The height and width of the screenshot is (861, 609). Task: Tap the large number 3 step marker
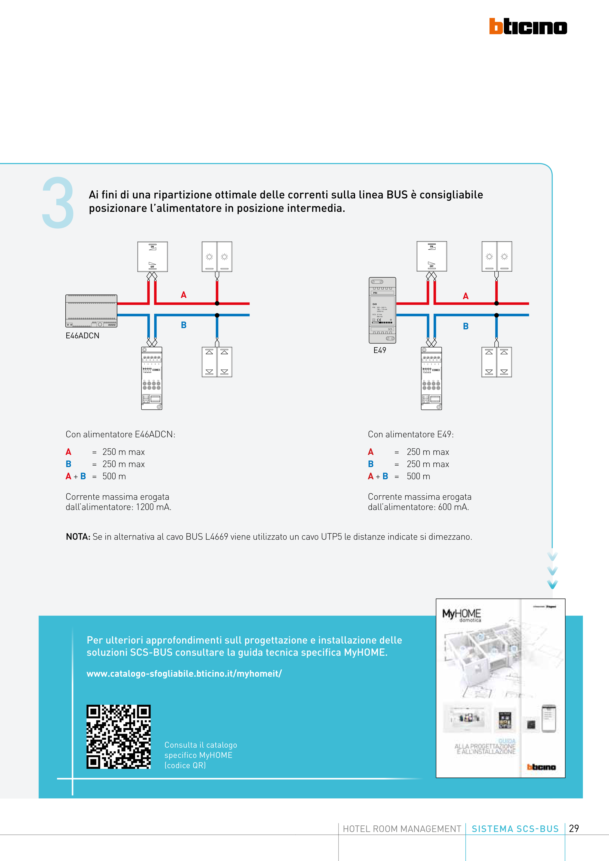pos(58,203)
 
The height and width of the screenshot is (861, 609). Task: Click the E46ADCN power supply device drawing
pos(91,311)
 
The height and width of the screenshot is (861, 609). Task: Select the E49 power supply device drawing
pos(382,310)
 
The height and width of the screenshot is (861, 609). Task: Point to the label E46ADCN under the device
pos(82,336)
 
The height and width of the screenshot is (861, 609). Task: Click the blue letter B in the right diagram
pos(466,326)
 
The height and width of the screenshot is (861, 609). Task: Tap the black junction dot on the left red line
pos(217,303)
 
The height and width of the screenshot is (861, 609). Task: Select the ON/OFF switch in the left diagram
pos(152,256)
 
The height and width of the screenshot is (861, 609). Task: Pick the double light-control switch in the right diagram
pos(496,256)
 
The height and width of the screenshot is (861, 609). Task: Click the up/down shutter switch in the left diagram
pos(217,362)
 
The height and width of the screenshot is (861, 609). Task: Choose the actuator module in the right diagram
pos(431,378)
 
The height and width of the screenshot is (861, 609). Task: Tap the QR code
pos(119,736)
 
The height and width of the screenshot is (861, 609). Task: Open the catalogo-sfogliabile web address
pos(184,674)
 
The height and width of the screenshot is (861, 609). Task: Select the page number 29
pos(574,828)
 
